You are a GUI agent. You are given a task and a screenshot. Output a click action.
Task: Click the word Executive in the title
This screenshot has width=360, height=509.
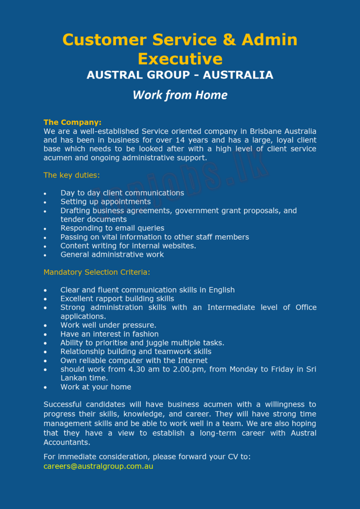[180, 59]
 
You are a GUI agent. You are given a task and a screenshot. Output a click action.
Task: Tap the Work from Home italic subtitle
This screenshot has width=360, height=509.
[180, 95]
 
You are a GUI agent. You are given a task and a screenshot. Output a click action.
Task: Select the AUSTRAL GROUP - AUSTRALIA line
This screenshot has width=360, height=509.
[180, 75]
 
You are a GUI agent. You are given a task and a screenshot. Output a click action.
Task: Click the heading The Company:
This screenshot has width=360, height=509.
[73, 122]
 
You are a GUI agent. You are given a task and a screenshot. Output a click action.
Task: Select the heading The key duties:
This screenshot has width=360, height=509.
[72, 175]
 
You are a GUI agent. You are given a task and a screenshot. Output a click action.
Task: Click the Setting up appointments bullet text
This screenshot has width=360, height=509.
[105, 202]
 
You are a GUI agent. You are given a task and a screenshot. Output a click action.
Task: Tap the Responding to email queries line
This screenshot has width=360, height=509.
[112, 228]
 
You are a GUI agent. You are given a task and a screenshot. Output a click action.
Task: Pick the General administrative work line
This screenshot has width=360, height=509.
[112, 254]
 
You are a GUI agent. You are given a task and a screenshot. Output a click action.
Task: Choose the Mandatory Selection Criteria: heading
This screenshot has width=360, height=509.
[96, 272]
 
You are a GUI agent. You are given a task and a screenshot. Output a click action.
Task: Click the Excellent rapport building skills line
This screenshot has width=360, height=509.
[117, 299]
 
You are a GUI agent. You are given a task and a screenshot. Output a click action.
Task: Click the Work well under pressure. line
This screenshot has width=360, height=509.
[108, 325]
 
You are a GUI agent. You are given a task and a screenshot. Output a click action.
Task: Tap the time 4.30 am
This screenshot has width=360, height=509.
[152, 369]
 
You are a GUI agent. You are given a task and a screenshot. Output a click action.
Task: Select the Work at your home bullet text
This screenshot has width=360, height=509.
[96, 387]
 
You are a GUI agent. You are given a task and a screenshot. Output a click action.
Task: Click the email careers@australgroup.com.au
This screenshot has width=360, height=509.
[98, 466]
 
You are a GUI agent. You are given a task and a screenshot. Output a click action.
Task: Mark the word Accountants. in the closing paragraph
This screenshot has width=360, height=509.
[67, 442]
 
